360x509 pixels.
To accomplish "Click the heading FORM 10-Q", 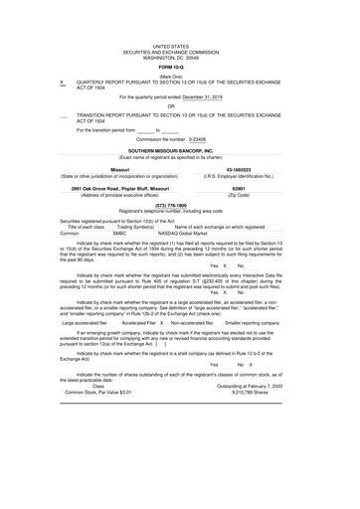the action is point(180,40).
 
